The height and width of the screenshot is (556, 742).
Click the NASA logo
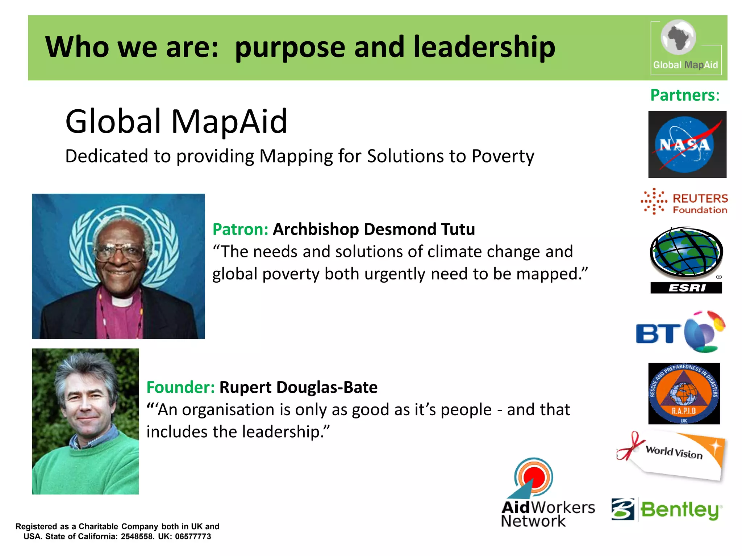687,144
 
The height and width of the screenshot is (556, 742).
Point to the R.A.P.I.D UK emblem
684,393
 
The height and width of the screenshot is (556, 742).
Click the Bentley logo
667,510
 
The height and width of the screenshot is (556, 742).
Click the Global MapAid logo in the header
685,47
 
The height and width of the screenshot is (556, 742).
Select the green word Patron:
240,229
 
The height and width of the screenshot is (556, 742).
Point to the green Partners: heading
684,95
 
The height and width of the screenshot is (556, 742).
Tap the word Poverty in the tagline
503,156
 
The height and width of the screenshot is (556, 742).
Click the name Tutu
458,229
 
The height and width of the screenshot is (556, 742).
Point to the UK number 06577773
193,536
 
